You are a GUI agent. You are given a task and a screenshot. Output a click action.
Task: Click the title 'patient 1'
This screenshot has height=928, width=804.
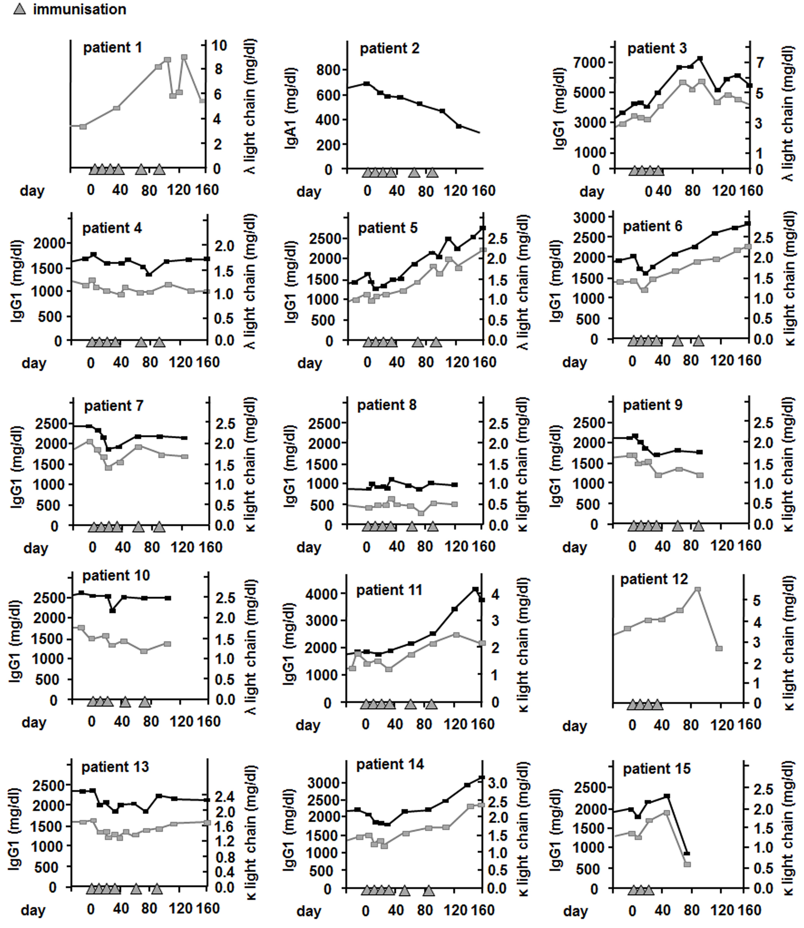[x=113, y=47]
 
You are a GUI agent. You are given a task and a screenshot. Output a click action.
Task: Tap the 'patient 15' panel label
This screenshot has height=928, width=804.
[x=657, y=769]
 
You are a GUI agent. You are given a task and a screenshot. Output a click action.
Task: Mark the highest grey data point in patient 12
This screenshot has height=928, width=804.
[x=697, y=589]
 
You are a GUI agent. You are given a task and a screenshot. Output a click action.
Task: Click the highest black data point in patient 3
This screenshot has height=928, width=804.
[x=699, y=58]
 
